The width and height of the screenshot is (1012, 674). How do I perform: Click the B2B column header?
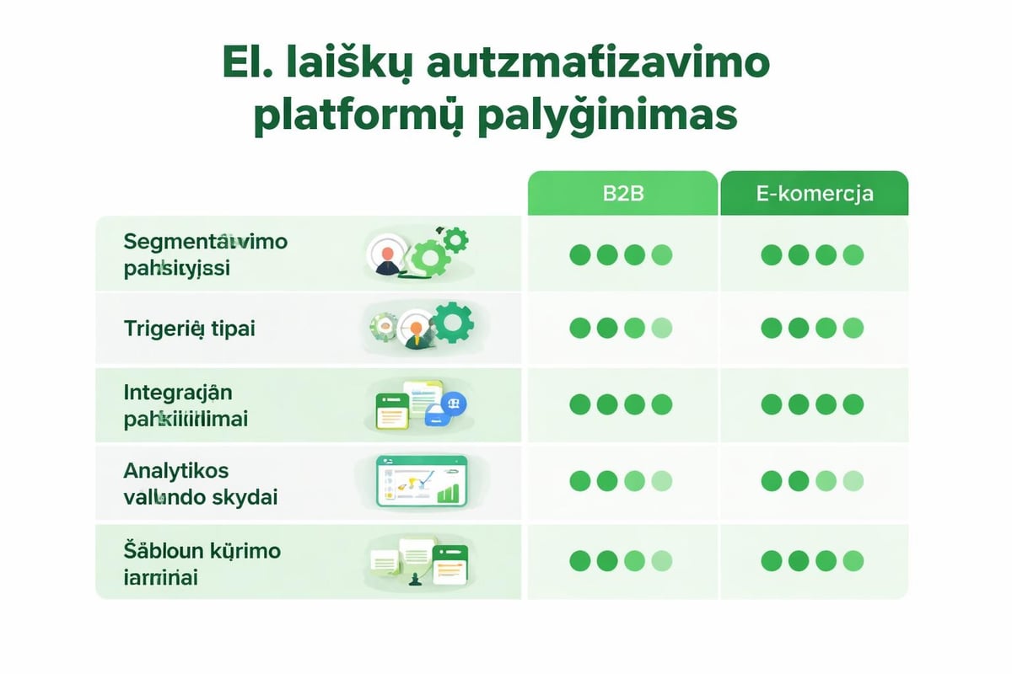pyautogui.click(x=622, y=193)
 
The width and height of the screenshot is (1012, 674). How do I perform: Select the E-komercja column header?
pyautogui.click(x=814, y=193)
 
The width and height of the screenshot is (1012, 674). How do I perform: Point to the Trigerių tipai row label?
pyautogui.click(x=189, y=328)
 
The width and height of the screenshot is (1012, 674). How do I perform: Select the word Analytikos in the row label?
pyautogui.click(x=175, y=469)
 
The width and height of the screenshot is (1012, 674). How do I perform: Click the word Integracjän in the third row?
pyautogui.click(x=177, y=392)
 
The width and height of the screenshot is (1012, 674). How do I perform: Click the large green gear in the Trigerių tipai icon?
pyautogui.click(x=453, y=323)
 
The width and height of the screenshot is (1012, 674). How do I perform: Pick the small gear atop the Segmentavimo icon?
pyautogui.click(x=456, y=238)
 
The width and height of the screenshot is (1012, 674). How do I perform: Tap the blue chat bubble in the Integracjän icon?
pyautogui.click(x=454, y=404)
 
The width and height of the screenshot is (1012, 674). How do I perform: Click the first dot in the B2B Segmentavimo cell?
pyautogui.click(x=580, y=254)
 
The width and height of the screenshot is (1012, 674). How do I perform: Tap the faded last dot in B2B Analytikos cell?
pyautogui.click(x=662, y=481)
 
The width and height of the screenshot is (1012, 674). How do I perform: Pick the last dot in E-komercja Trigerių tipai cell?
pyautogui.click(x=853, y=328)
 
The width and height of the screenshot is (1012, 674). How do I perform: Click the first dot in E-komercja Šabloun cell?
pyautogui.click(x=772, y=560)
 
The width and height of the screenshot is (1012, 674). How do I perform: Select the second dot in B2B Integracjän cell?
pyautogui.click(x=607, y=404)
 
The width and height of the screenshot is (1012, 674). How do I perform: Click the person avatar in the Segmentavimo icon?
pyautogui.click(x=387, y=256)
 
